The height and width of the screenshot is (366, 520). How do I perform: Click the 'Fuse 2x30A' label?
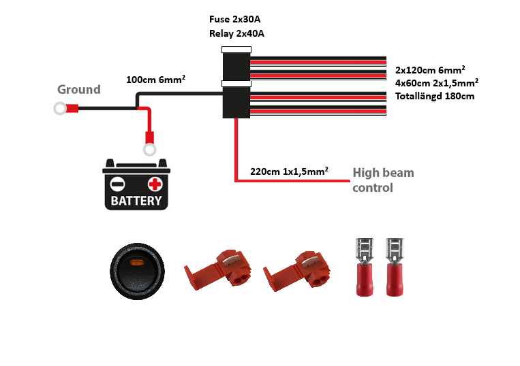click(235, 19)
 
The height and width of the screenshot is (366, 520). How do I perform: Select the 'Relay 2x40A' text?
click(236, 33)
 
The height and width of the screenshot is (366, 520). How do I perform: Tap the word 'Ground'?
click(79, 89)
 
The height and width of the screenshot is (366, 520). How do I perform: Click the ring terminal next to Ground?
click(60, 108)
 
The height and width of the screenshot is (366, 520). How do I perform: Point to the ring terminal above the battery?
click(149, 149)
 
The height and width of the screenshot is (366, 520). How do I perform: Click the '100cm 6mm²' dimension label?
click(155, 79)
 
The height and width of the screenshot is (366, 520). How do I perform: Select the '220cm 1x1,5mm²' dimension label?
click(289, 171)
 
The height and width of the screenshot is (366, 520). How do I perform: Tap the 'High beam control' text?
click(383, 180)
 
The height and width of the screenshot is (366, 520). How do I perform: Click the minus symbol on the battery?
click(118, 184)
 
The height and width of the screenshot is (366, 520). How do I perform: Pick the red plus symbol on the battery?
click(155, 184)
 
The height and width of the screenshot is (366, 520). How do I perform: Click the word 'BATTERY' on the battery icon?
click(136, 201)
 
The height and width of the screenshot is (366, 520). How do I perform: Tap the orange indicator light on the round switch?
click(136, 263)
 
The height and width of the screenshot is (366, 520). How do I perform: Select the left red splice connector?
click(217, 269)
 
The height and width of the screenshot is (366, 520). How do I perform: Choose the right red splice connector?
click(296, 271)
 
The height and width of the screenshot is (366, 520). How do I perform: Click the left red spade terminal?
click(365, 267)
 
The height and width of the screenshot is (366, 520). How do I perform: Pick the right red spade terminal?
click(395, 267)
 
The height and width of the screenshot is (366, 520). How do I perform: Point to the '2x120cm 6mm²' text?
click(430, 70)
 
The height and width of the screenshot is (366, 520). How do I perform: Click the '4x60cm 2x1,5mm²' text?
click(436, 83)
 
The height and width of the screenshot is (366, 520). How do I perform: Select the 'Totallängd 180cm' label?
click(435, 97)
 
